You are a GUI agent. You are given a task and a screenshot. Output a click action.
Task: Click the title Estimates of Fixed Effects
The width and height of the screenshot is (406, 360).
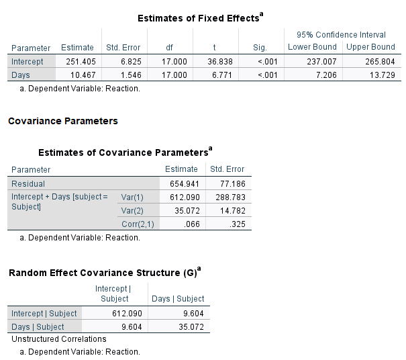coord(199,18)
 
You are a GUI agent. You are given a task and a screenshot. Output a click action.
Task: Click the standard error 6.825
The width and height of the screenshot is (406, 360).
coord(125,61)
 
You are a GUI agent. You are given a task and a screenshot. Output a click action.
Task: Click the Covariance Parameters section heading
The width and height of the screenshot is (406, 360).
coord(62,122)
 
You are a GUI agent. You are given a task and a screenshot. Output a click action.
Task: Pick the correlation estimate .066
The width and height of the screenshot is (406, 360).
coord(189,224)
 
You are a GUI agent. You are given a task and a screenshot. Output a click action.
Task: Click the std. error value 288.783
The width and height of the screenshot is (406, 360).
coord(227,197)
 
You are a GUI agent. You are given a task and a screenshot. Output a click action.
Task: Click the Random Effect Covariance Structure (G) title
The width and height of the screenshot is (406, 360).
coord(105,273)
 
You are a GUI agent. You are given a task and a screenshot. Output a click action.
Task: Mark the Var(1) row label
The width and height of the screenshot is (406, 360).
coord(132,197)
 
